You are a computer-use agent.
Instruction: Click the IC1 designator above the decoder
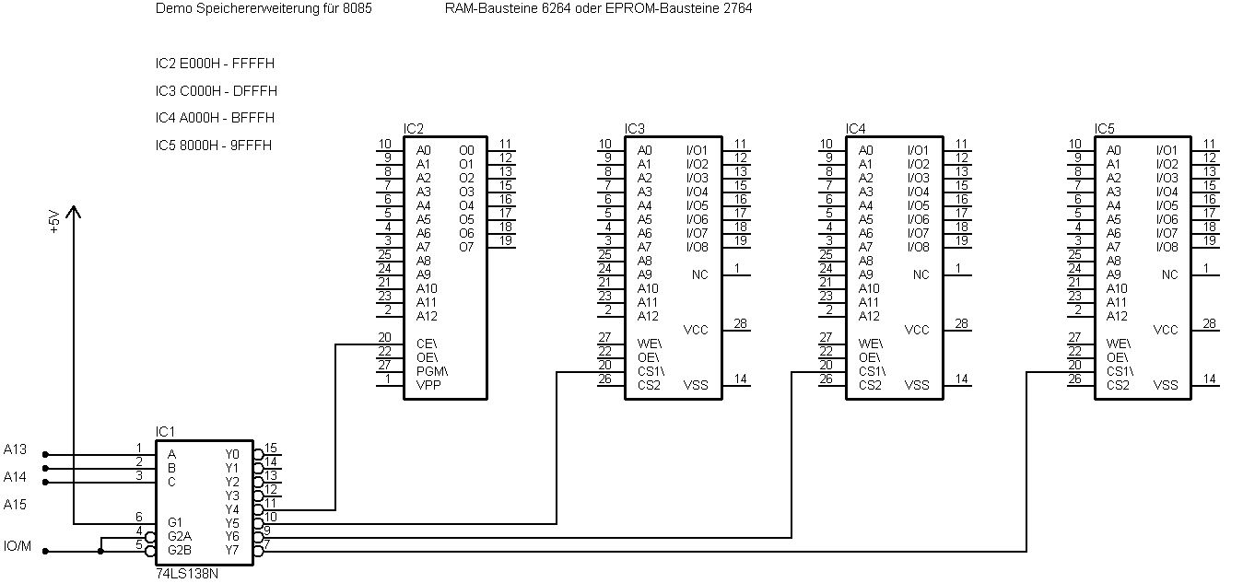[x=165, y=431]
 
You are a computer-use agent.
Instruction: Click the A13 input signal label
[x=16, y=449]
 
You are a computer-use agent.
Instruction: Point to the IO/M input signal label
[x=18, y=546]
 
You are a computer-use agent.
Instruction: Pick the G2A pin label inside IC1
[x=181, y=536]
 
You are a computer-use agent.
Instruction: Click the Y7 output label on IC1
[x=231, y=551]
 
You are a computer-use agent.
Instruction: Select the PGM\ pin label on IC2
[x=432, y=371]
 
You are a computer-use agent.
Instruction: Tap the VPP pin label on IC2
[x=428, y=385]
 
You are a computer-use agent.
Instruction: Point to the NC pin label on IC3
[x=700, y=274]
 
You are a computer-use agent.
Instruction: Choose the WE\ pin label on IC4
[x=871, y=344]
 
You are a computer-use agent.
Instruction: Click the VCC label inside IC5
[x=1166, y=330]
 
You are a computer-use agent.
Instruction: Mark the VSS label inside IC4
[x=917, y=385]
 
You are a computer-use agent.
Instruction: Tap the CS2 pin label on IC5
[x=1119, y=385]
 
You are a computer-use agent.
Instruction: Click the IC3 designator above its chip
[x=635, y=128]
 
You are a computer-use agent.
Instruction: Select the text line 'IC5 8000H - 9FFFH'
[x=214, y=146]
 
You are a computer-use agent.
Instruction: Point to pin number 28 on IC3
[x=740, y=323]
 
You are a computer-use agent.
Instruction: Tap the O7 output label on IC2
[x=466, y=247]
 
